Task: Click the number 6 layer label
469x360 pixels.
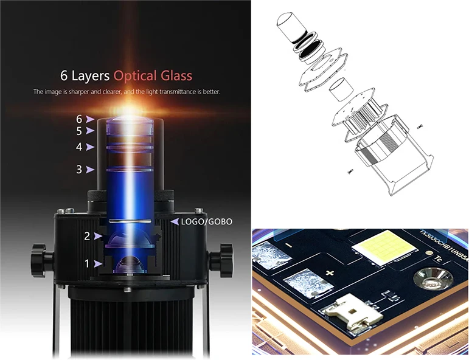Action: (79, 119)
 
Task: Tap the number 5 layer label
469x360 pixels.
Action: (79, 131)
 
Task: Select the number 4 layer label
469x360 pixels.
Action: (79, 147)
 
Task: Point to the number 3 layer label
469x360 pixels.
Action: (79, 170)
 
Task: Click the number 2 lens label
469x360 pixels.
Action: (87, 237)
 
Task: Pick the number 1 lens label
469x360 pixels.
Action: (87, 264)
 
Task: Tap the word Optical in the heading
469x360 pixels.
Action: (139, 76)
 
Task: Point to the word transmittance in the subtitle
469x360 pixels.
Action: (170, 92)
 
